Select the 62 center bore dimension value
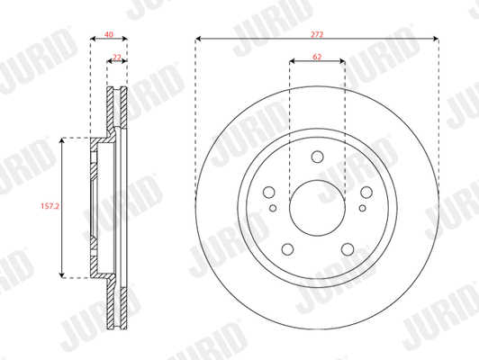(317, 56)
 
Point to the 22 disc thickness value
(117, 56)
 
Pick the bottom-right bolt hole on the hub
(345, 249)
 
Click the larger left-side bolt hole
(268, 192)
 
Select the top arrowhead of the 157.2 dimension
(61, 140)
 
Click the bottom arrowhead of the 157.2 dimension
(61, 274)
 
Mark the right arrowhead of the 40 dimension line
(125, 39)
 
